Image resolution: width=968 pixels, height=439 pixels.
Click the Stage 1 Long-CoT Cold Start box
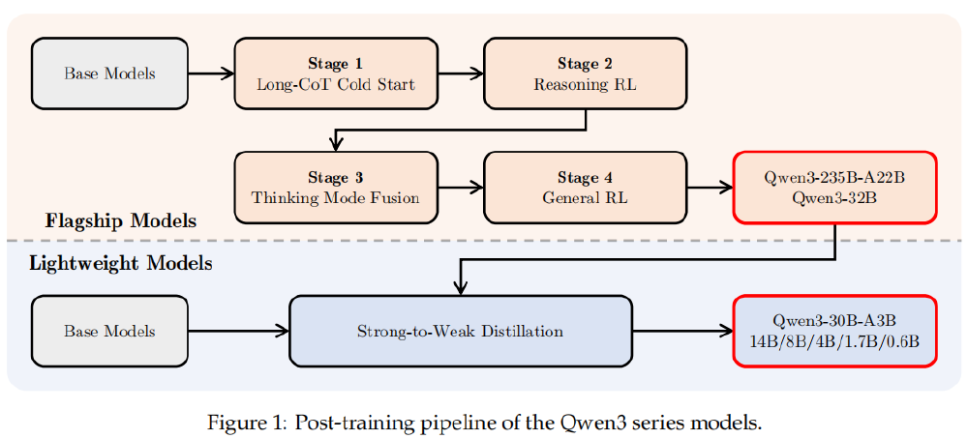[335, 73]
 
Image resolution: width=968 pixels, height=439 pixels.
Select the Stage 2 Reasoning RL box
[585, 73]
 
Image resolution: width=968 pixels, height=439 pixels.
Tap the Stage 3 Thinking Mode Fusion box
[335, 188]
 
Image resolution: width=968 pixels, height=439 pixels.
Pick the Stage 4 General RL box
[585, 188]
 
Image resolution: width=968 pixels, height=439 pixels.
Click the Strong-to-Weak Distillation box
[460, 331]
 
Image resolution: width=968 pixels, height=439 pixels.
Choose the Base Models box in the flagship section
[109, 73]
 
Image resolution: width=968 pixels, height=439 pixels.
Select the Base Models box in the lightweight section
[109, 331]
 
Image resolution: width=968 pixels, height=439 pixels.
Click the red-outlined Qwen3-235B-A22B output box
[834, 188]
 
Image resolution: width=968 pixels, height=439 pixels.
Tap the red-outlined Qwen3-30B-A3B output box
[834, 331]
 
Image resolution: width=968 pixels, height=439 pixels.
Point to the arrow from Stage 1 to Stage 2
[460, 73]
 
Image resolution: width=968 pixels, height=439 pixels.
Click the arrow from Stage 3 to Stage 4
[460, 188]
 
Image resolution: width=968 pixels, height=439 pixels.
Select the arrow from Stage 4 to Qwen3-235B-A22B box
[710, 188]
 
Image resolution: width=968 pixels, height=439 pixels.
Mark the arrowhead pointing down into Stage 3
[335, 144]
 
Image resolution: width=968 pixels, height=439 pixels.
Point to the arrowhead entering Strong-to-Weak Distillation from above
[461, 287]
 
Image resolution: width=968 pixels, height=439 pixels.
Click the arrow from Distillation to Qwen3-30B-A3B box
[682, 331]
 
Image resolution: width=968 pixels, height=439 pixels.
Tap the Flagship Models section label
[120, 221]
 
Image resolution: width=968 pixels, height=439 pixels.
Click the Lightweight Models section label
[120, 262]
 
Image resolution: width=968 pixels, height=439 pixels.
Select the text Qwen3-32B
[834, 198]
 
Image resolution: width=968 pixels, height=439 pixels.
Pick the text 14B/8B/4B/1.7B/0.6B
[834, 341]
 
